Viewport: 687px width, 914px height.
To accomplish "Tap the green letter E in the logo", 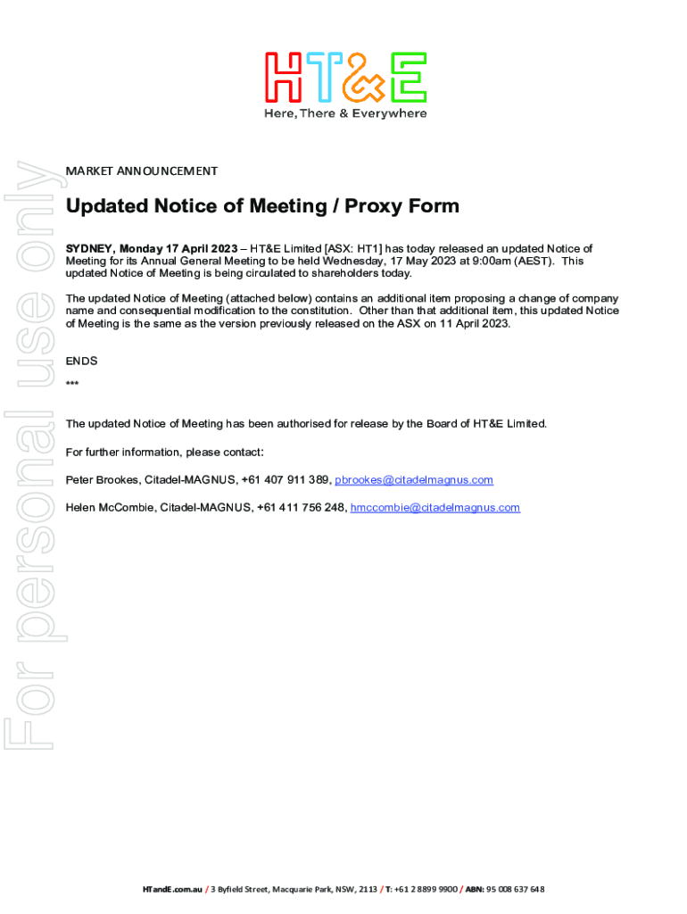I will coord(406,77).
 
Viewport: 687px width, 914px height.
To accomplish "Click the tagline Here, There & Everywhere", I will coord(344,113).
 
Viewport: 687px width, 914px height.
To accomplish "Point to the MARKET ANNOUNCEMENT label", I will coord(142,170).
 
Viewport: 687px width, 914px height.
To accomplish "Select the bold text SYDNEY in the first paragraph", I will coord(89,248).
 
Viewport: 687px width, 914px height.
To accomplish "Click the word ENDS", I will coord(81,361).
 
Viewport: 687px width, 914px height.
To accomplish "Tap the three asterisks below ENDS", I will coord(72,385).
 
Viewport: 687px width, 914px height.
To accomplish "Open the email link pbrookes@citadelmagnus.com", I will coord(413,480).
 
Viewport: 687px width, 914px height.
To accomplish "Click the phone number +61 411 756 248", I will coord(301,508).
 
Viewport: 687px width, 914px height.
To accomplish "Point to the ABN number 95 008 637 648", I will coord(516,889).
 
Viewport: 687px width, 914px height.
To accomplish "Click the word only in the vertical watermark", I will coord(31,213).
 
